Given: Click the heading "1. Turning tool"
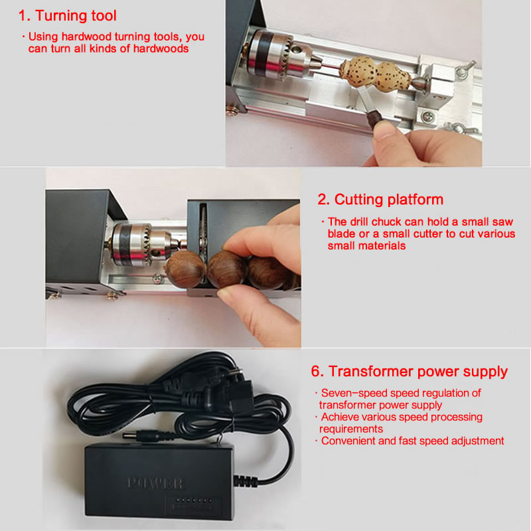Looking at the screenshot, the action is [x=68, y=15].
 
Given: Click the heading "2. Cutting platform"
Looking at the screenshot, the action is [x=380, y=200].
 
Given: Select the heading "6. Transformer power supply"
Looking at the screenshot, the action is [x=409, y=372].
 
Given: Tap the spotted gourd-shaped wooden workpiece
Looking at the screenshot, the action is [x=376, y=74].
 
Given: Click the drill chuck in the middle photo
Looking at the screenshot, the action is [x=142, y=243].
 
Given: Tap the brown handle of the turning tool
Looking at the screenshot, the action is [x=374, y=119].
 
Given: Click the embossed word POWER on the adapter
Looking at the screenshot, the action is [x=156, y=484].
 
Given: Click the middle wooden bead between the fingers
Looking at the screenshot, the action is [x=227, y=269].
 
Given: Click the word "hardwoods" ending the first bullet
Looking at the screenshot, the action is [x=161, y=48].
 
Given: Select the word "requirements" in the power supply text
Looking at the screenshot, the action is [x=351, y=429].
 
